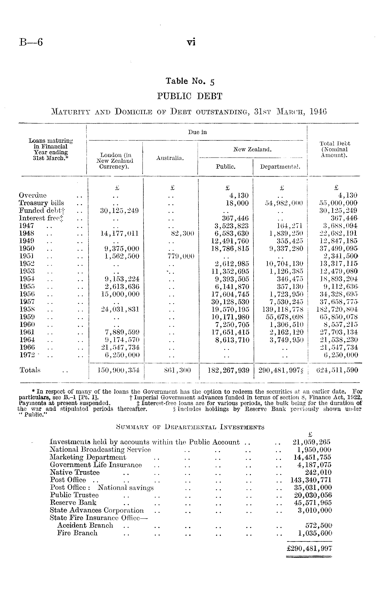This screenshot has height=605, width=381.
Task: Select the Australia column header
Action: tap(170, 158)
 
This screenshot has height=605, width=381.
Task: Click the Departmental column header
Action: tap(280, 167)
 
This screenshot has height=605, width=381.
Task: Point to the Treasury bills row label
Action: tap(41, 203)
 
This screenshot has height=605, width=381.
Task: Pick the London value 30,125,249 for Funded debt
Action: tap(120, 211)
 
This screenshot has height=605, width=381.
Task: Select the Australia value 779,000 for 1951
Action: tap(181, 256)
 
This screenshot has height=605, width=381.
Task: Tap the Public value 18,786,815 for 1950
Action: tap(230, 249)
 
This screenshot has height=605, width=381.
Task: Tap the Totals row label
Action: tap(30, 370)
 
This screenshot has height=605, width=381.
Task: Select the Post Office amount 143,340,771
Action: tap(311, 480)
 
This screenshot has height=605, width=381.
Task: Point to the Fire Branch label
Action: tap(77, 533)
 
